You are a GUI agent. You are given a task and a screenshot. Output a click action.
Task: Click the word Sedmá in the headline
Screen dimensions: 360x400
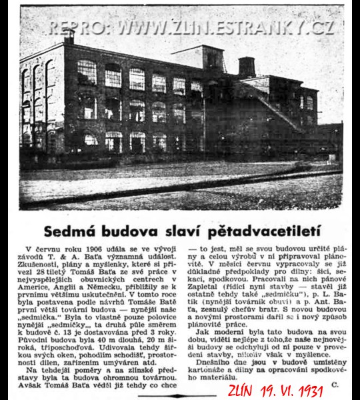tap(70, 231)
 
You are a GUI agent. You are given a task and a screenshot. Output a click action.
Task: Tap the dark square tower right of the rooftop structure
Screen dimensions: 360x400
tap(247, 66)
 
